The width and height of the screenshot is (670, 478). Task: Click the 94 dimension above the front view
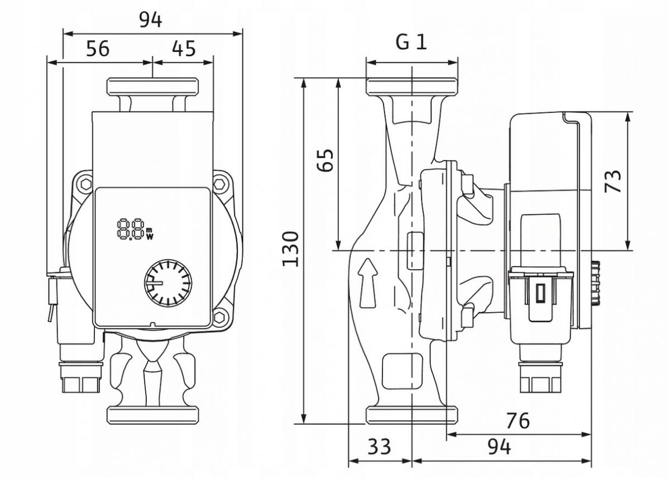[x=150, y=20]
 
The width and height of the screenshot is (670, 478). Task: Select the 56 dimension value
[x=98, y=49]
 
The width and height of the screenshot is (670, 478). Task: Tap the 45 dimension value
[x=184, y=49]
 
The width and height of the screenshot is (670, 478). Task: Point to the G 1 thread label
[x=411, y=42]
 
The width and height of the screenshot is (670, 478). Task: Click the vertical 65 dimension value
[x=325, y=160]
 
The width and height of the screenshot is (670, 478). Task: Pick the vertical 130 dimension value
[x=290, y=249]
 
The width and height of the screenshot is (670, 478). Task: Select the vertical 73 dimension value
[x=612, y=181]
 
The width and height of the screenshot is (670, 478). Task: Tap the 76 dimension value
[x=518, y=420]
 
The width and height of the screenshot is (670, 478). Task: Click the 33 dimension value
[x=379, y=447]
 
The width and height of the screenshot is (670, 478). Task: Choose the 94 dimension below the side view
[x=499, y=447]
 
